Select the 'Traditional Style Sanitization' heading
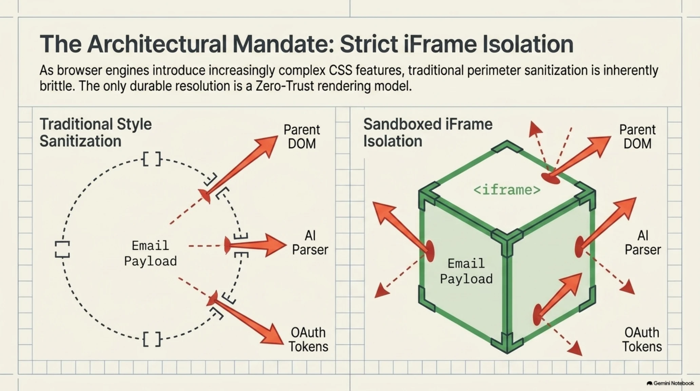click(x=96, y=133)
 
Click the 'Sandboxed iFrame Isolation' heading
click(x=428, y=133)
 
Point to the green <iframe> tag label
click(x=507, y=190)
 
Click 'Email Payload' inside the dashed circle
click(x=150, y=253)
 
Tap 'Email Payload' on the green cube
click(x=466, y=271)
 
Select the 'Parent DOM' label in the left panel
click(x=302, y=136)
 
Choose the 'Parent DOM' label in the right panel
click(x=637, y=136)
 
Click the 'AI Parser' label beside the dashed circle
click(x=310, y=243)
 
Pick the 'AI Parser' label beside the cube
click(x=643, y=243)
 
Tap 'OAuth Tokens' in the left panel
click(x=308, y=339)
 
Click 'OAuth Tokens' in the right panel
click(x=642, y=339)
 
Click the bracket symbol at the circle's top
click(x=152, y=159)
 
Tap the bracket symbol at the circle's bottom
click(x=152, y=339)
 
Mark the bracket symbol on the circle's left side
click(x=62, y=249)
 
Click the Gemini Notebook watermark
click(x=670, y=383)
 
